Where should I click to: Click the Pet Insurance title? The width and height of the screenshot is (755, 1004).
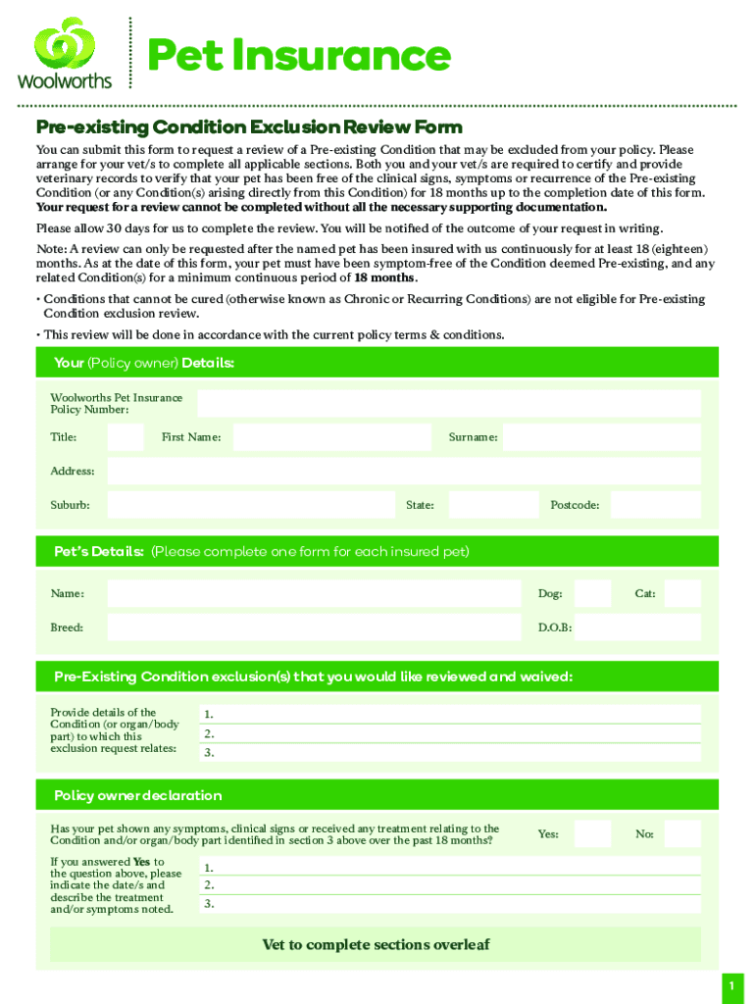(298, 56)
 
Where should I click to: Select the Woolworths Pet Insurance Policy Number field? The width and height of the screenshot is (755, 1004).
(448, 404)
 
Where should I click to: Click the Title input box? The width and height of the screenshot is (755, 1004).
(126, 437)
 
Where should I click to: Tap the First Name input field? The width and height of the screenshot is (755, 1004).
(332, 437)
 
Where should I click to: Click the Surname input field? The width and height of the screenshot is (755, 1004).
(602, 437)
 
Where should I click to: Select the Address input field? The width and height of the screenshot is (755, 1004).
(403, 472)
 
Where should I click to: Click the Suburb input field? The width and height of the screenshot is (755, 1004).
(250, 505)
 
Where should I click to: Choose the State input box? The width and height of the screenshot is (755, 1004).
(493, 505)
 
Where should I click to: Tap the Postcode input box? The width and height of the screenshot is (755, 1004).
(656, 505)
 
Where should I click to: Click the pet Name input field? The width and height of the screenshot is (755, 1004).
(314, 594)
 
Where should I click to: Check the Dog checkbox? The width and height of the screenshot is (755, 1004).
(592, 594)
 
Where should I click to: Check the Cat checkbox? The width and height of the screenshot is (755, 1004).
(682, 594)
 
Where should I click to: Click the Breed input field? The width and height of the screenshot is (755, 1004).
(314, 627)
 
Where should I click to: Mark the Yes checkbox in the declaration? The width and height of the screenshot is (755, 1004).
(592, 834)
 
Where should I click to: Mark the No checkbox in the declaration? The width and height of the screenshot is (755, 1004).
(682, 834)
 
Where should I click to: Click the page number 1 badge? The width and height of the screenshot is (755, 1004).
(730, 985)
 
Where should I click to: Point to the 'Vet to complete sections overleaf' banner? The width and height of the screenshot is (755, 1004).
(376, 945)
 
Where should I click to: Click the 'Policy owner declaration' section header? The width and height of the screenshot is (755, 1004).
(137, 795)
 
